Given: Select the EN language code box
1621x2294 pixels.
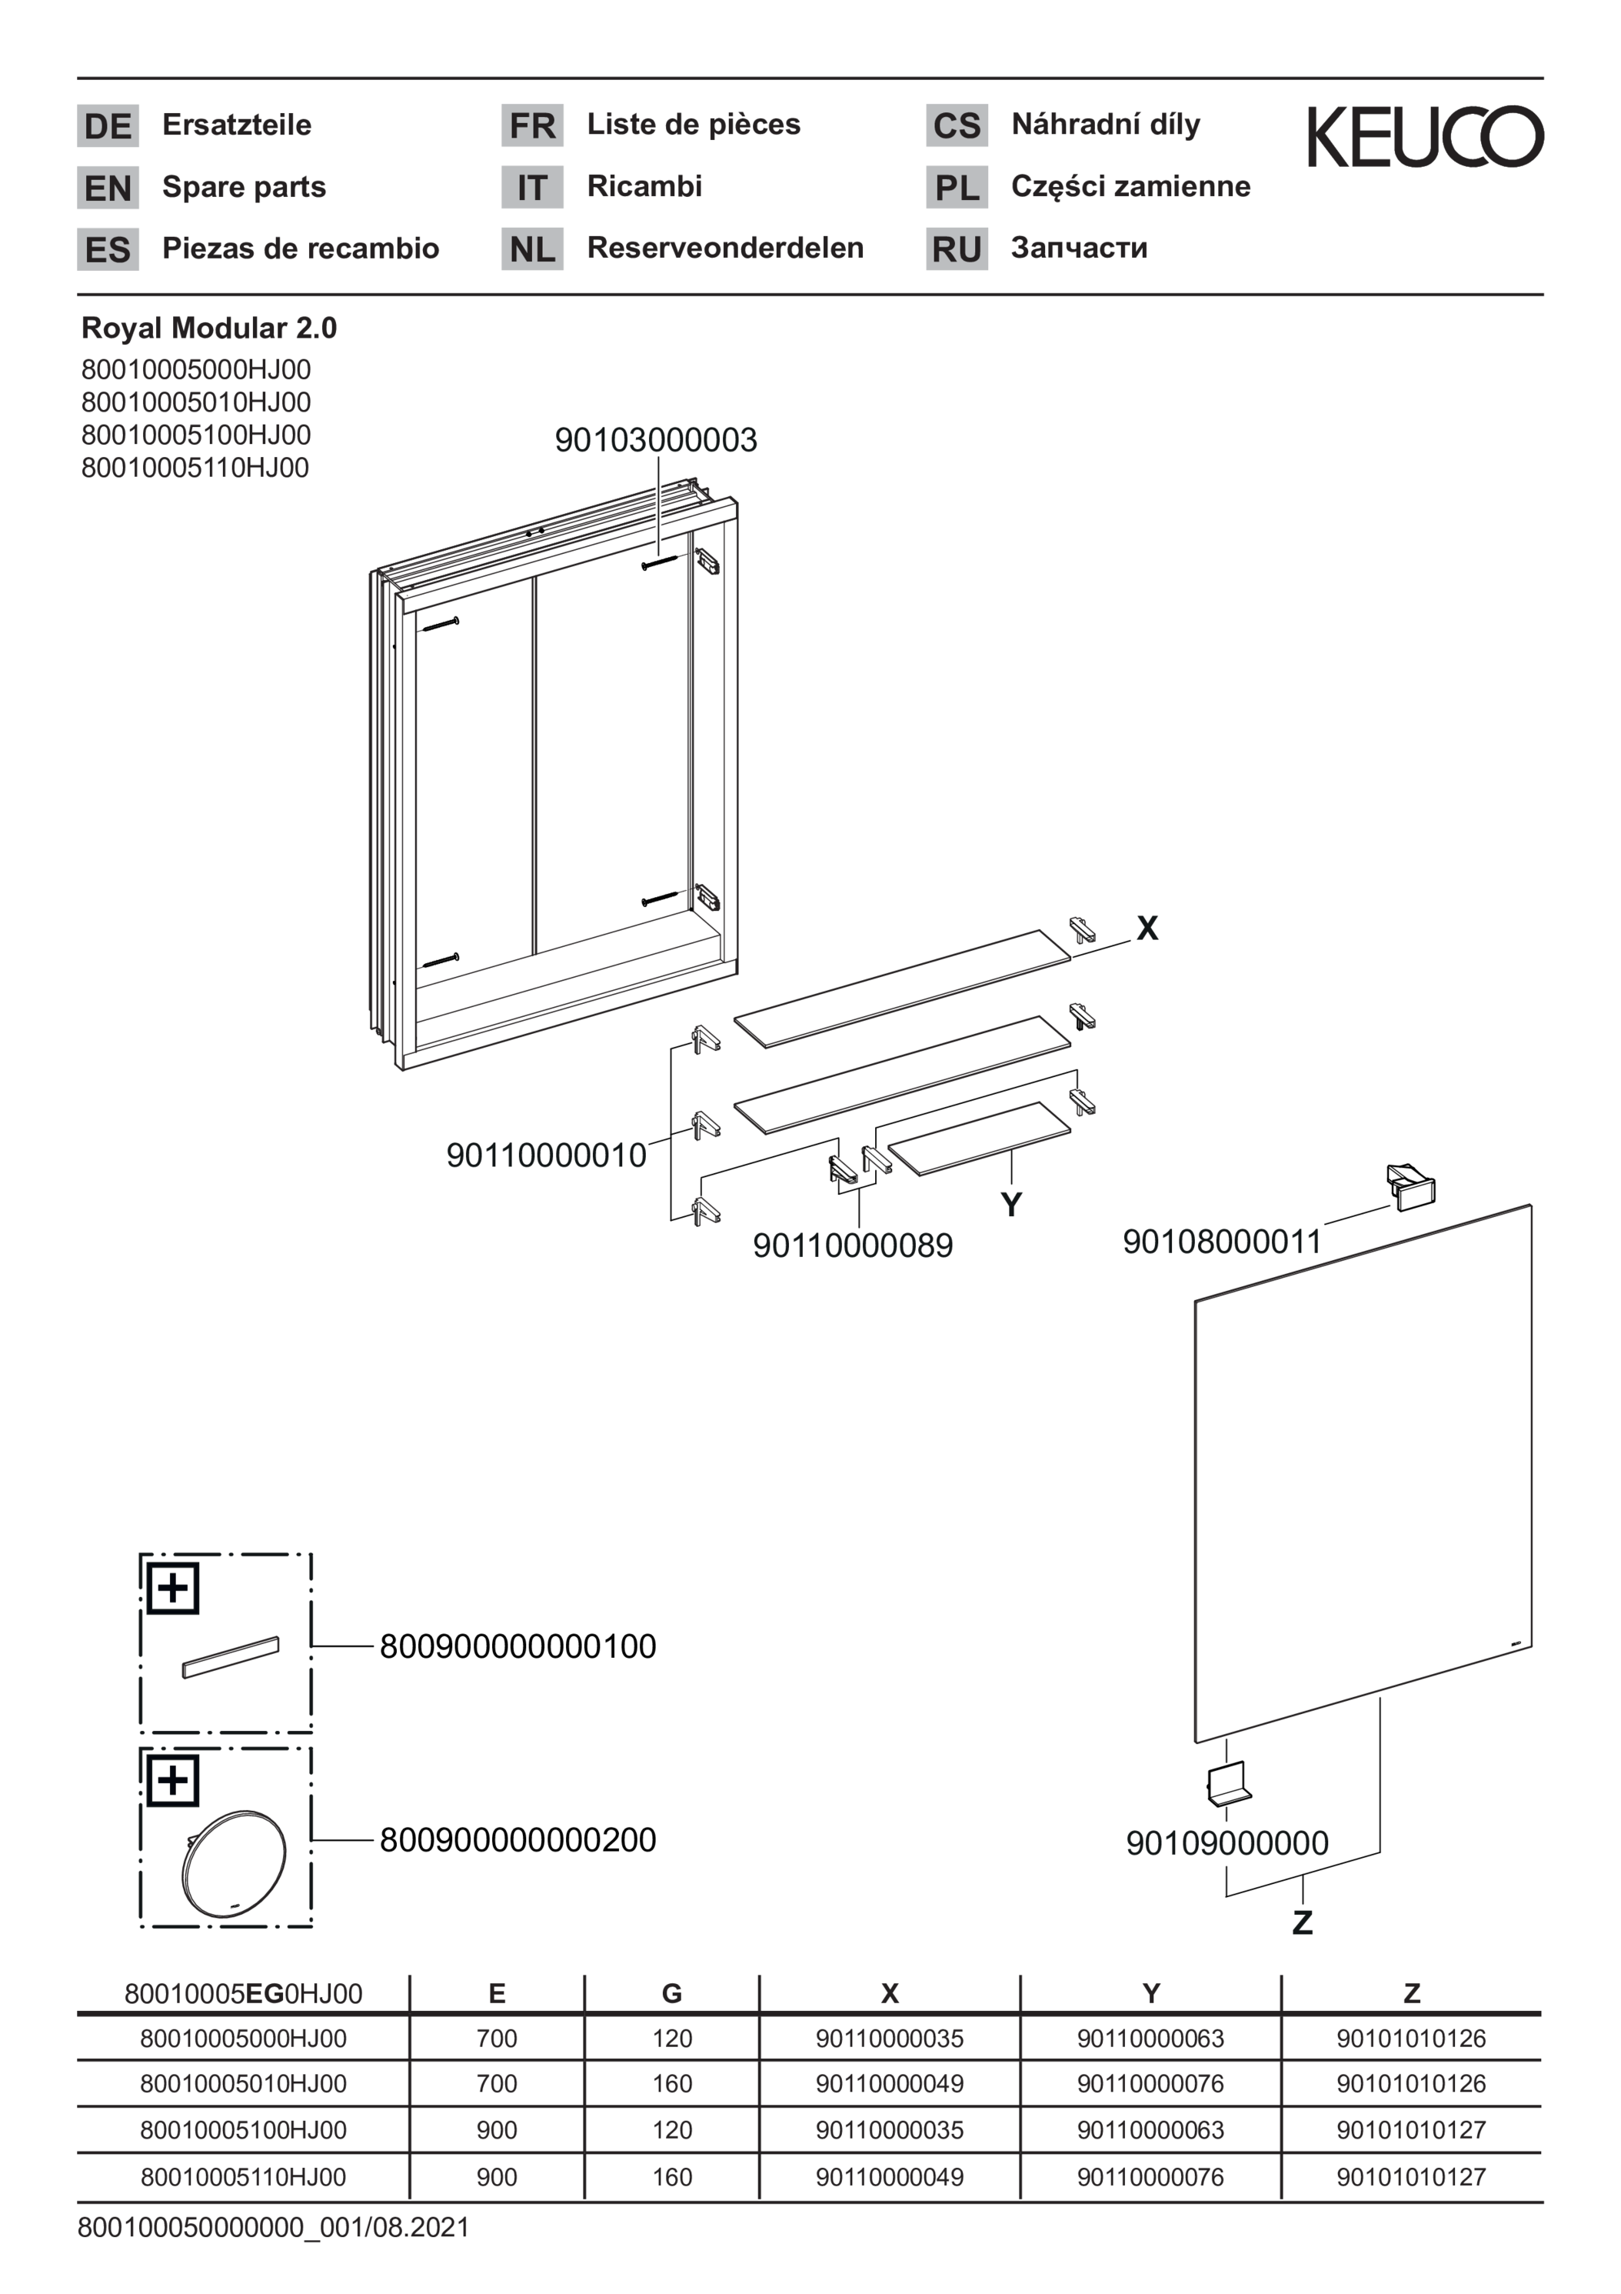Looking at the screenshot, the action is [x=108, y=188].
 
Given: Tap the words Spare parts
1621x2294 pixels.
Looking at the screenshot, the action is [x=244, y=188].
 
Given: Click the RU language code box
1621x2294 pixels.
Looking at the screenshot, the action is [x=957, y=248].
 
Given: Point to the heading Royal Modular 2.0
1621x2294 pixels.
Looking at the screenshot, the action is [x=208, y=328].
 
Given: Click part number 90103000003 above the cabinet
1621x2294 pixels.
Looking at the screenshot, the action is [x=656, y=439].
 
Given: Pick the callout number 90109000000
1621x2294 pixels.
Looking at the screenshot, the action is [x=1227, y=1842].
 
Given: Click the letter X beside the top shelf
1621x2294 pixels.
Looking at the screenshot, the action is [x=1147, y=929].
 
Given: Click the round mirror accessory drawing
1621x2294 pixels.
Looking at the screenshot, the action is [x=234, y=1862].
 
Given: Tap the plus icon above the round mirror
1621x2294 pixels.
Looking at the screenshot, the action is [x=173, y=1779].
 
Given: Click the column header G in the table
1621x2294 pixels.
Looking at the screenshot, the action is [x=672, y=1993].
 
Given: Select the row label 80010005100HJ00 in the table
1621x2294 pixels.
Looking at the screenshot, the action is [x=244, y=2129].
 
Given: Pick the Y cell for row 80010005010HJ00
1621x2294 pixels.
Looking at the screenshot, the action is [x=1150, y=2083].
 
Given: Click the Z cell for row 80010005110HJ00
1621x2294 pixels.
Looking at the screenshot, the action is [x=1411, y=2176].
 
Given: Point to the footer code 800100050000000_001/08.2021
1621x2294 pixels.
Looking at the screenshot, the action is [x=274, y=2227].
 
